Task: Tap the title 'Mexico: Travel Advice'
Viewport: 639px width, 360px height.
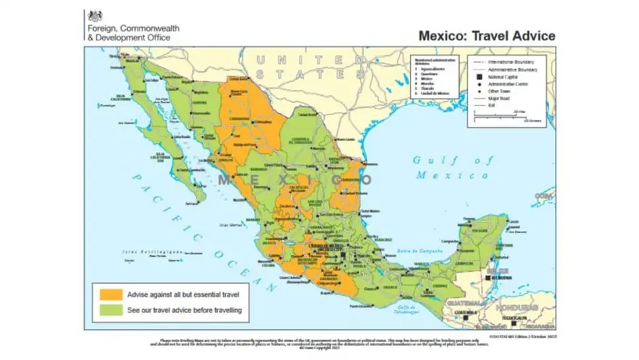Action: [486, 36]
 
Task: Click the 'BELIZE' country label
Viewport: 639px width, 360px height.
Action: [495, 271]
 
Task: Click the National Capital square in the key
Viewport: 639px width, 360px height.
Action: [476, 77]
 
